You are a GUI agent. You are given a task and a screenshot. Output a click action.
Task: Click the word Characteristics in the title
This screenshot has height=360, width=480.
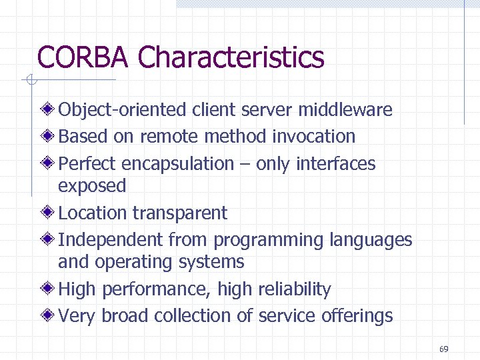click(231, 57)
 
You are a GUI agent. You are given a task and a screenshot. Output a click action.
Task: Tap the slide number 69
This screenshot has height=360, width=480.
click(444, 349)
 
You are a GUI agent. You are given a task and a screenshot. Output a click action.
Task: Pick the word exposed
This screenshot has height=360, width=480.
click(92, 186)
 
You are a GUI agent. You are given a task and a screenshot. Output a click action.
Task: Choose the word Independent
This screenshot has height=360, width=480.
click(111, 240)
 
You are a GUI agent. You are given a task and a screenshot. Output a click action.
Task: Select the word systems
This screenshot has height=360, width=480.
click(211, 262)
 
